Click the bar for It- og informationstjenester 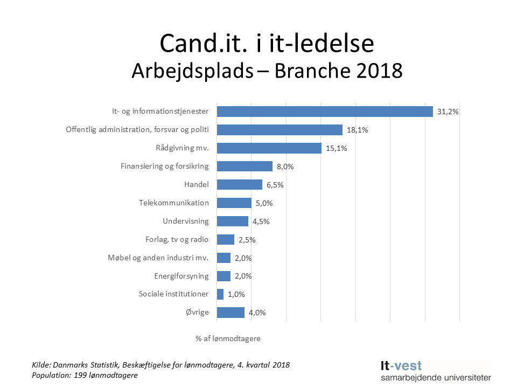click(325, 112)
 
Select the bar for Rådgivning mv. click(269, 148)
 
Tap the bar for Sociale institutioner click(220, 294)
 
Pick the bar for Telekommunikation click(234, 203)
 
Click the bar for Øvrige click(230, 313)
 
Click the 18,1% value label click(357, 130)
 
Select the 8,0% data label click(285, 167)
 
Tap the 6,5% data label click(275, 185)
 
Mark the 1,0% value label click(236, 294)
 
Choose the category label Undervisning click(185, 221)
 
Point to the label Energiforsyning click(181, 276)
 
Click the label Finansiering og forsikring click(164, 166)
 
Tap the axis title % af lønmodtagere click(228, 338)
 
